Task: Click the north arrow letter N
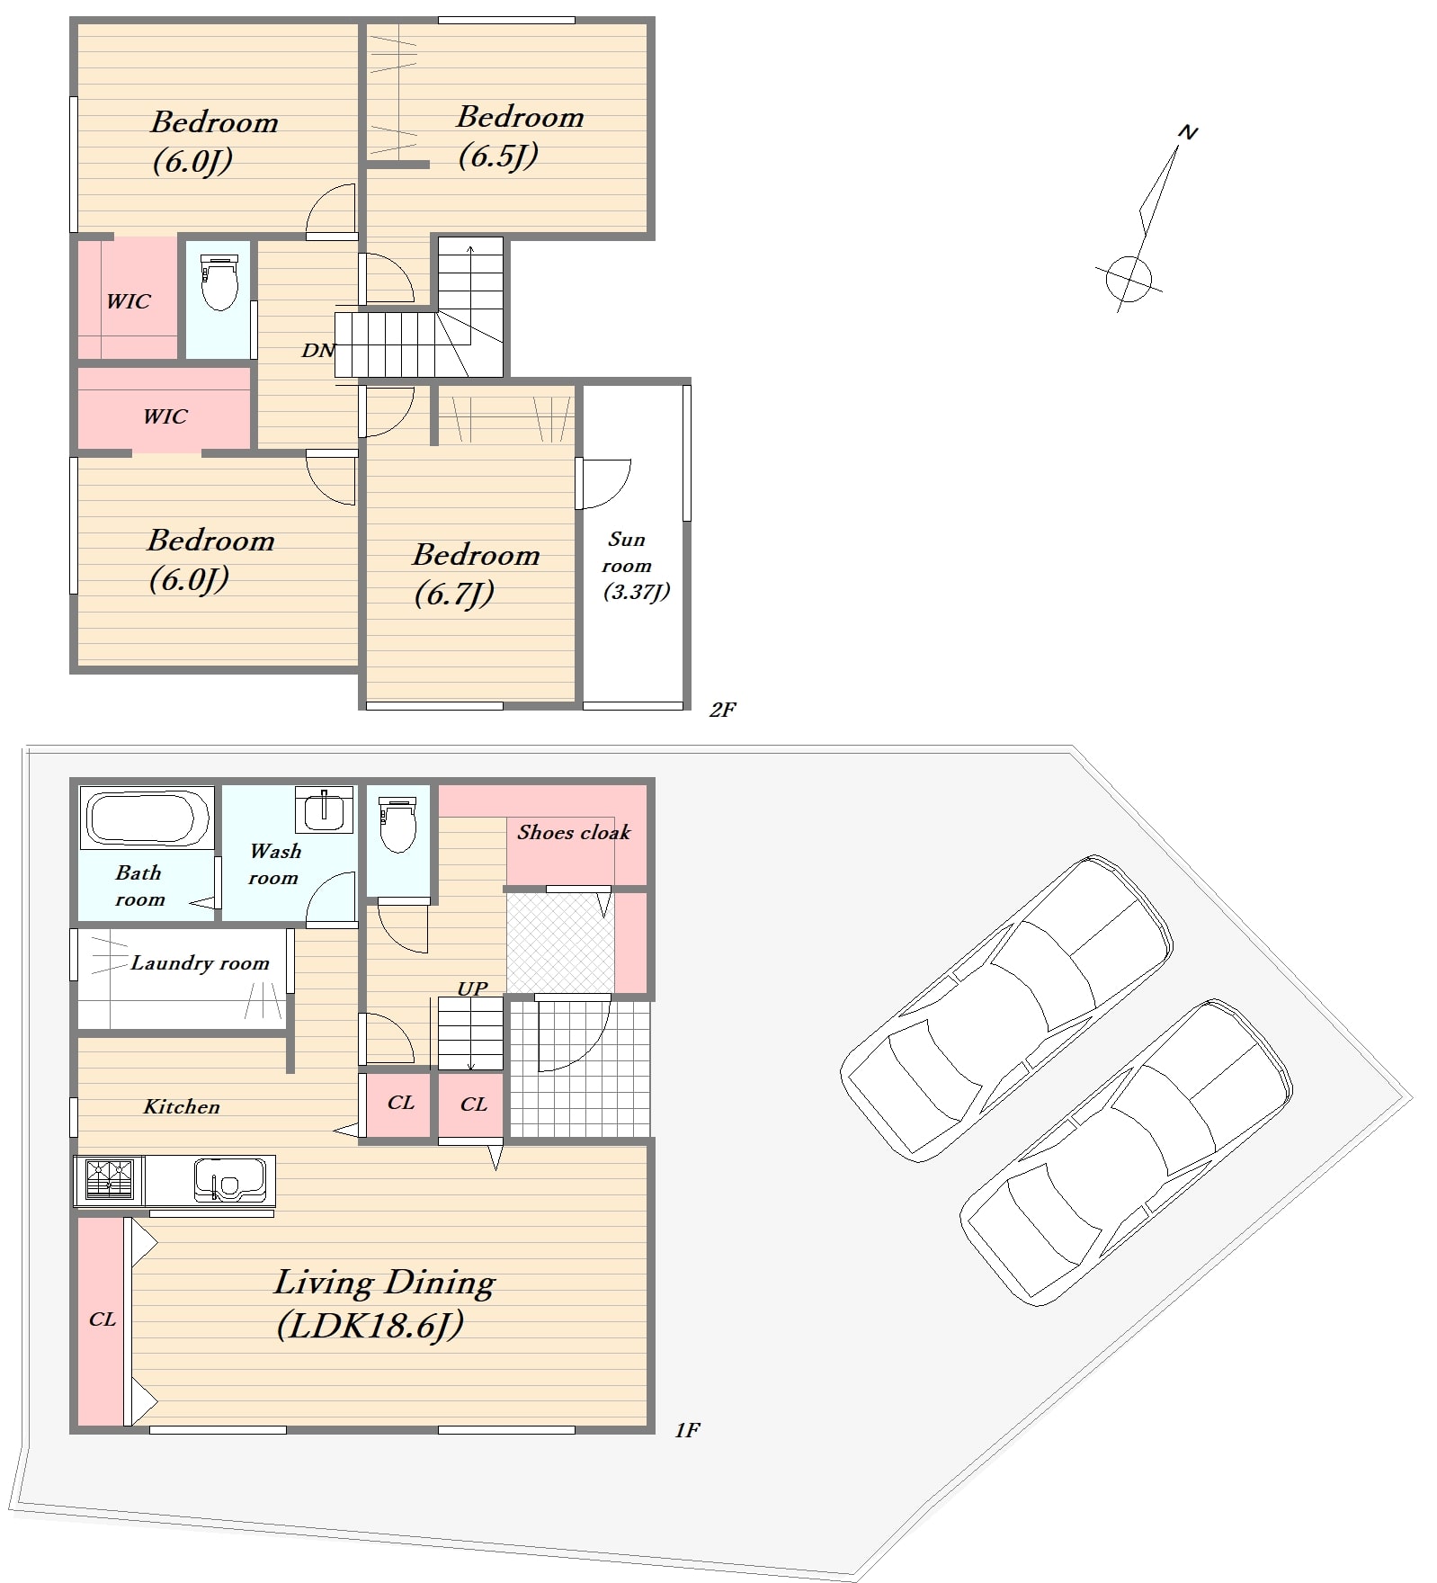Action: (1188, 133)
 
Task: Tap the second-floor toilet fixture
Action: (219, 282)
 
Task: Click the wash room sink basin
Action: (324, 809)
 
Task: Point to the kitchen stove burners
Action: (109, 1180)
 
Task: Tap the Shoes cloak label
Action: (574, 833)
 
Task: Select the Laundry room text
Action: (200, 963)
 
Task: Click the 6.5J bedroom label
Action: (520, 136)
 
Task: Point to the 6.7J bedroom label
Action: (476, 574)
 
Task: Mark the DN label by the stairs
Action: (317, 351)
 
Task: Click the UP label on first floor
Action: (472, 988)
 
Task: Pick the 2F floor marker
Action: (722, 710)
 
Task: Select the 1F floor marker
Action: (687, 1430)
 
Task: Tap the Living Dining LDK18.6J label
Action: (384, 1303)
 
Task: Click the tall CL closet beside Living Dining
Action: (101, 1320)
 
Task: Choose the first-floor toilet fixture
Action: (397, 824)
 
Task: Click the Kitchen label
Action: (182, 1107)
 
